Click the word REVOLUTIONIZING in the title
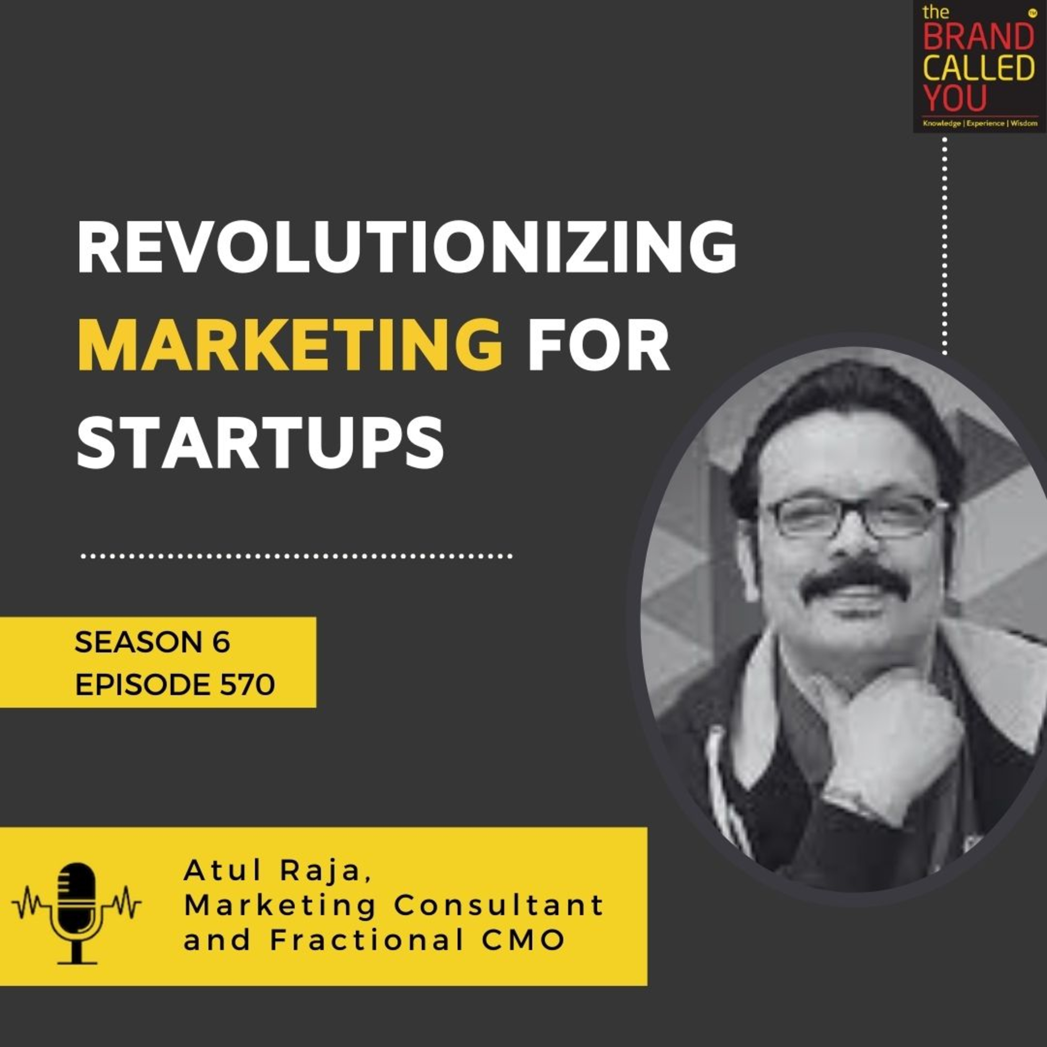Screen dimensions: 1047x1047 (x=407, y=248)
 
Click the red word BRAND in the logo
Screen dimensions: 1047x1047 (x=978, y=37)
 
